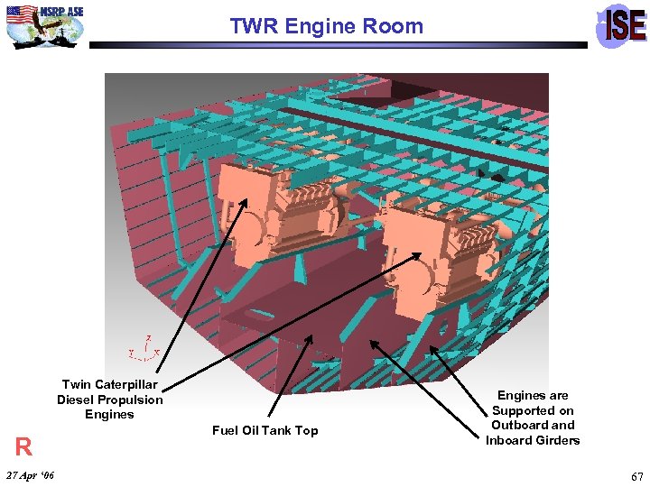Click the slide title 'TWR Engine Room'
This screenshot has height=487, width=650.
pyautogui.click(x=326, y=26)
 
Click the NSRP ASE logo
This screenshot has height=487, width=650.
pyautogui.click(x=45, y=24)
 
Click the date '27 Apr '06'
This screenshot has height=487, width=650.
pyautogui.click(x=29, y=474)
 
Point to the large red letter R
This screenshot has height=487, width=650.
pyautogui.click(x=23, y=446)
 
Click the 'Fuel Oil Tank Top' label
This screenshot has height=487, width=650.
pyautogui.click(x=265, y=430)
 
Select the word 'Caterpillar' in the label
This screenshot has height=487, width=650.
pyautogui.click(x=126, y=384)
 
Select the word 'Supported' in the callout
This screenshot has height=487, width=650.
pyautogui.click(x=533, y=410)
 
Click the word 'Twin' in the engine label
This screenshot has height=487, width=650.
pyautogui.click(x=77, y=384)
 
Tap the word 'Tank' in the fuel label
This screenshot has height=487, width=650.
pyautogui.click(x=269, y=430)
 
